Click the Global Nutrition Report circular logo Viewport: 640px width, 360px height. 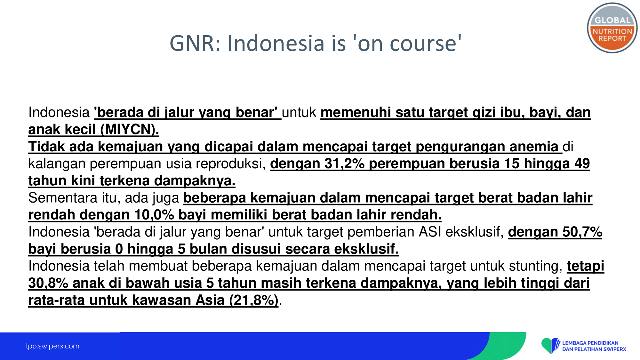pyautogui.click(x=612, y=28)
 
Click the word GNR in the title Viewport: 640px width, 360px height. pyautogui.click(x=192, y=43)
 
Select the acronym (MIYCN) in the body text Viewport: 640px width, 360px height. pyautogui.click(x=130, y=130)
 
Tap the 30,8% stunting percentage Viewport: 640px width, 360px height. pyautogui.click(x=48, y=283)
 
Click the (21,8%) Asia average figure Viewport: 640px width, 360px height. pyautogui.click(x=254, y=300)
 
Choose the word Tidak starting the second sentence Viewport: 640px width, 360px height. pyautogui.click(x=46, y=147)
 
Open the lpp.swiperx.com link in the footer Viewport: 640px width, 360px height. pyautogui.click(x=53, y=346)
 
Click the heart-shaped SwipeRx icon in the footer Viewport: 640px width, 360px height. pyautogui.click(x=550, y=346)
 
